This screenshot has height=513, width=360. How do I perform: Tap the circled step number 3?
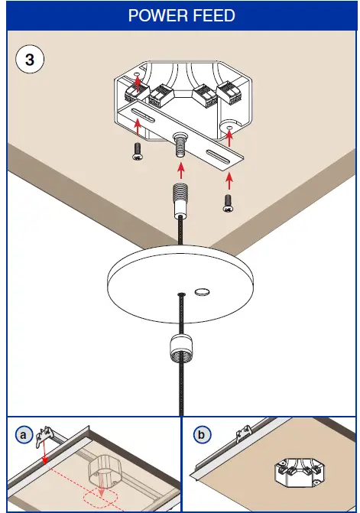[x=30, y=60]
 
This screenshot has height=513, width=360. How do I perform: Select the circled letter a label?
[x=24, y=435]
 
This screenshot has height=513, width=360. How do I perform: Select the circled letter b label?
[x=201, y=435]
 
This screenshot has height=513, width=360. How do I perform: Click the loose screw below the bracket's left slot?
[x=138, y=151]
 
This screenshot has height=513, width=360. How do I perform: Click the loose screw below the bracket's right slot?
[x=228, y=201]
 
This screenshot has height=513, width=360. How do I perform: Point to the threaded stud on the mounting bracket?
[x=181, y=143]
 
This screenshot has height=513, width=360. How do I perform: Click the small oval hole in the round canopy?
[x=203, y=291]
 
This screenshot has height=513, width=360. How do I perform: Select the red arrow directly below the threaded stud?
[x=180, y=169]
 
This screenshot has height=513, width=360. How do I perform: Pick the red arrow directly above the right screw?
[x=229, y=180]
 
